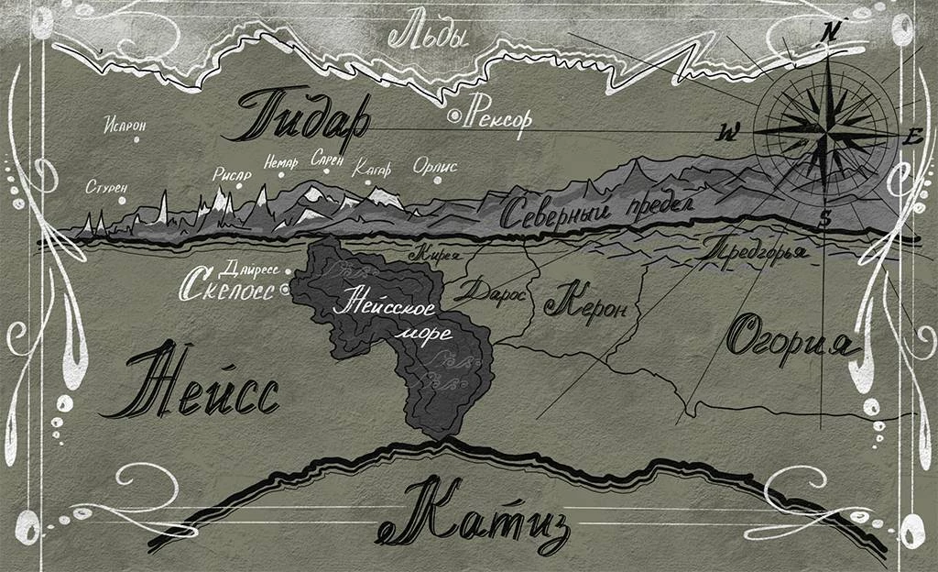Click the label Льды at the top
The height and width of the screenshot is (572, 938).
tap(429, 37)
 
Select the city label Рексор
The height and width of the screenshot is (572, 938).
tap(498, 117)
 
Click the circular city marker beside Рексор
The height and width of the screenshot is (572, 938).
tap(453, 116)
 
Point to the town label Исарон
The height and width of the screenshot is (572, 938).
tap(125, 126)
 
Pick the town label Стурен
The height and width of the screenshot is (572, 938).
tap(106, 187)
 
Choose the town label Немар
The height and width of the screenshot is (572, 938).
tap(280, 163)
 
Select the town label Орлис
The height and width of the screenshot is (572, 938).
tap(435, 167)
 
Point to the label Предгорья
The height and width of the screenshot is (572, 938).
tap(756, 248)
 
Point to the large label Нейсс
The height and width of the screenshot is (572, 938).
tap(196, 385)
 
